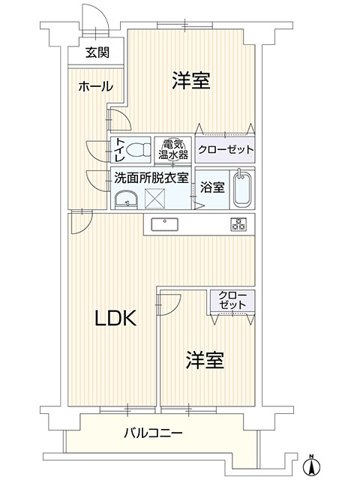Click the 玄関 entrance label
tap(97, 53)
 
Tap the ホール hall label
tap(96, 87)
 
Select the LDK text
tap(115, 318)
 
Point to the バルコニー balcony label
tap(153, 433)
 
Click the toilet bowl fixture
tap(139, 150)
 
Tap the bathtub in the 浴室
tap(242, 189)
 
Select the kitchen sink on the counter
tap(165, 225)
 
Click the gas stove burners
tap(238, 224)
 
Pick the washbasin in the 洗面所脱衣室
tap(126, 199)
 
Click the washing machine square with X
tap(154, 199)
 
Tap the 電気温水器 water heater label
tap(173, 149)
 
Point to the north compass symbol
tap(311, 465)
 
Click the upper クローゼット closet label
tap(226, 150)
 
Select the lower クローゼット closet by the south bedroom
tap(232, 300)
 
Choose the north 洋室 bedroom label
tap(190, 80)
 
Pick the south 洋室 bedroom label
tap(205, 360)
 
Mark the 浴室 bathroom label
tap(212, 187)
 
